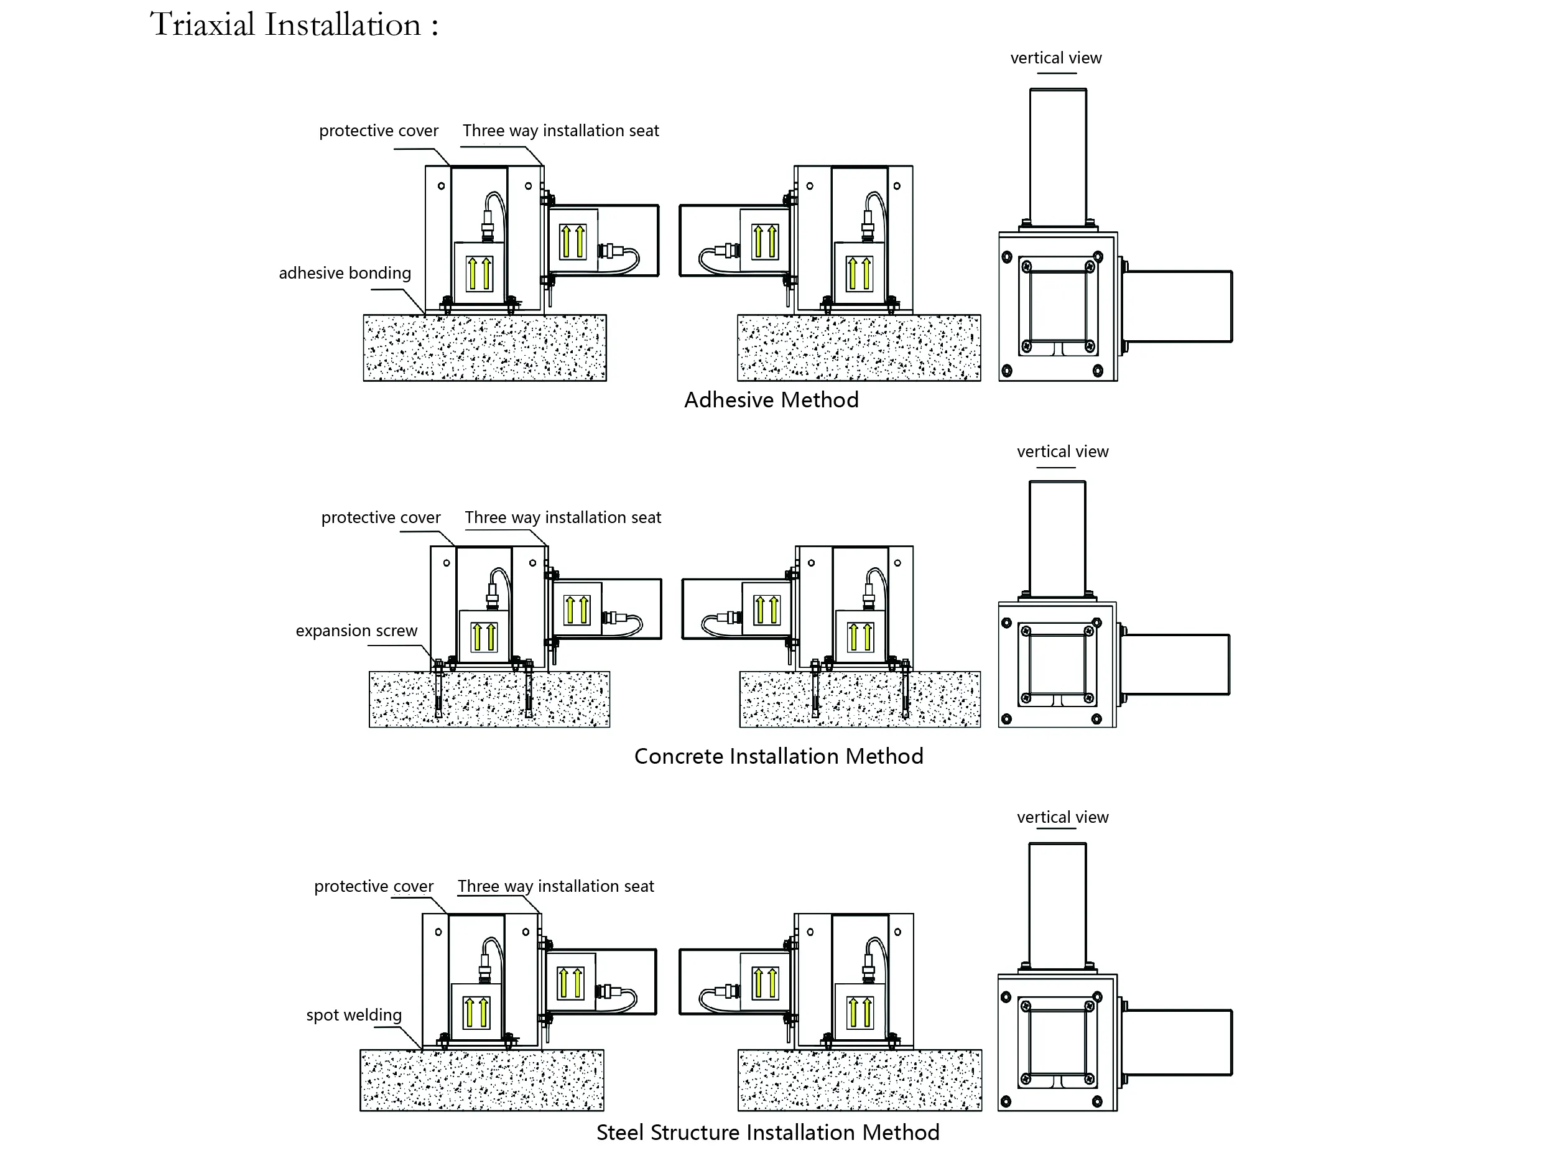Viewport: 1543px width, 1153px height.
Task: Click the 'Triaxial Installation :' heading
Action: tap(294, 25)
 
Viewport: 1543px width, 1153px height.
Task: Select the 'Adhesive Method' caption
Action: tap(771, 400)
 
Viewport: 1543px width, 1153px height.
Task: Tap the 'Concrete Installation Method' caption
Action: tap(779, 756)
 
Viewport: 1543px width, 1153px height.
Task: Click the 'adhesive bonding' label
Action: tap(345, 273)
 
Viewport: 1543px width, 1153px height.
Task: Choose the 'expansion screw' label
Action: tap(356, 631)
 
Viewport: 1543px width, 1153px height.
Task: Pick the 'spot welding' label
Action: tap(354, 1014)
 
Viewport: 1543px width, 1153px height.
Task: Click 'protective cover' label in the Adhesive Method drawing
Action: tap(378, 131)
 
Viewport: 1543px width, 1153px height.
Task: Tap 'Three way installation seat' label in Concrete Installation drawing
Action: tap(563, 517)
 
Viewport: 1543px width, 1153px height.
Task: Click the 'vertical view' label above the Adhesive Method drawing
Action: tap(1055, 58)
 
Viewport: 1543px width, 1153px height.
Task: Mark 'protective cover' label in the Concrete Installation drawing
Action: tap(381, 517)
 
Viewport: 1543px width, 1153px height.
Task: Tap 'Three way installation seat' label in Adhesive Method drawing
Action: tap(561, 131)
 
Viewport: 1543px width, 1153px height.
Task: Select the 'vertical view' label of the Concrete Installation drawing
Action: tap(1062, 451)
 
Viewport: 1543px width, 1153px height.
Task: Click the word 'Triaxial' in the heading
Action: tap(202, 25)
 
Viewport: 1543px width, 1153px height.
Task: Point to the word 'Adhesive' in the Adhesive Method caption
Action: tap(727, 400)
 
